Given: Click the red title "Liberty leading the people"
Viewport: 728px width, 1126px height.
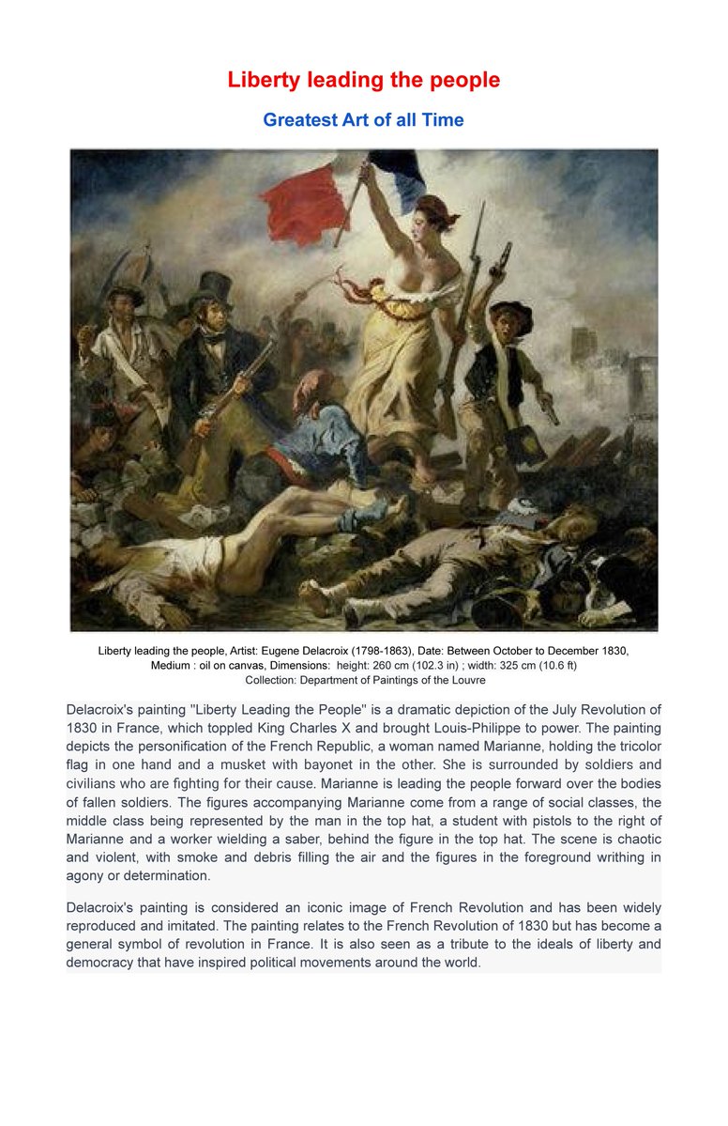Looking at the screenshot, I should [x=363, y=80].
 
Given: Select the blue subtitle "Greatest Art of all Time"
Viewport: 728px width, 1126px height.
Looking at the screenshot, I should [x=363, y=120].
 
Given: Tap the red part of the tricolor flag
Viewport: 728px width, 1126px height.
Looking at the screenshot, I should [x=304, y=201].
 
